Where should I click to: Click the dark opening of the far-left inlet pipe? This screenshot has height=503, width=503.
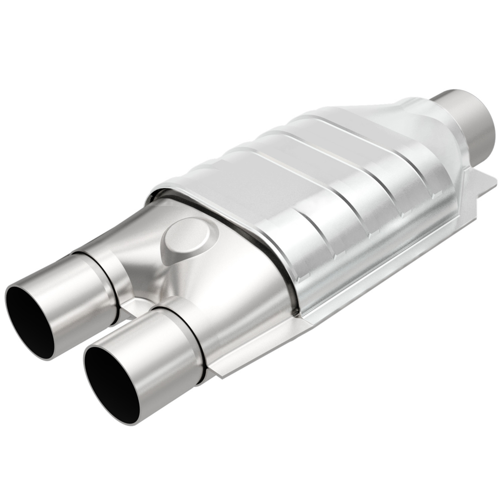point(28,317)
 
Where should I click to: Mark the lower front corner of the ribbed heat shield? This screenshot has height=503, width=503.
point(299,312)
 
